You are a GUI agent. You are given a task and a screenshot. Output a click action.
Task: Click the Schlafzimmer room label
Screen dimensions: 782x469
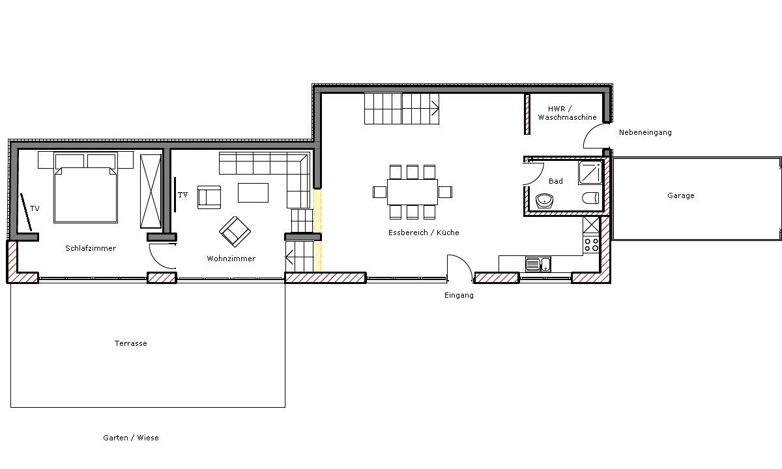[91, 248]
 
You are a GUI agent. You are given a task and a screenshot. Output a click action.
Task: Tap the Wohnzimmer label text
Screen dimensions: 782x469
[231, 259]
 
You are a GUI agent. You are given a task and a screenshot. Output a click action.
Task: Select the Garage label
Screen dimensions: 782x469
[681, 195]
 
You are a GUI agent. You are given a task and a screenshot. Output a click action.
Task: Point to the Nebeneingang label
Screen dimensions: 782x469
[645, 132]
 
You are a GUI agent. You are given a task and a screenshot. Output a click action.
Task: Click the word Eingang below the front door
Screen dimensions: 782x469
[459, 295]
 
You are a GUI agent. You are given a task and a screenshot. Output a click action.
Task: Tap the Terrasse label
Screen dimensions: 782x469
[130, 343]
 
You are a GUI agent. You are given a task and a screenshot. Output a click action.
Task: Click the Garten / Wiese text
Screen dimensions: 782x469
[131, 438]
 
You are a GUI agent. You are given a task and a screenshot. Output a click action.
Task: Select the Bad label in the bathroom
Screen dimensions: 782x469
[556, 181]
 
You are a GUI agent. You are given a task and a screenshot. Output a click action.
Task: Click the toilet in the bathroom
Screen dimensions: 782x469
[590, 198]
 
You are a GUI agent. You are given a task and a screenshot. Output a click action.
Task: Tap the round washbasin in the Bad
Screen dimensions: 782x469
[544, 201]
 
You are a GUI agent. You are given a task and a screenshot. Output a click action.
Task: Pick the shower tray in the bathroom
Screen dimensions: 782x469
[590, 173]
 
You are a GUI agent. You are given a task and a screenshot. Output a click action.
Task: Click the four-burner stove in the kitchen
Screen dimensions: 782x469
[591, 245]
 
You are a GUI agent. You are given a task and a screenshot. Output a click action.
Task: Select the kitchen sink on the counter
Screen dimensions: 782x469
[538, 264]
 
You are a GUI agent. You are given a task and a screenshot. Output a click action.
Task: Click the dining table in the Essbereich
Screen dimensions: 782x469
[413, 192]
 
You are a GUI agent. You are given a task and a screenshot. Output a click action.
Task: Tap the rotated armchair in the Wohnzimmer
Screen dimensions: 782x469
[235, 232]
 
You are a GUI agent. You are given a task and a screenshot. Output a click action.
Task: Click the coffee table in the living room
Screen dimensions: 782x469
[253, 193]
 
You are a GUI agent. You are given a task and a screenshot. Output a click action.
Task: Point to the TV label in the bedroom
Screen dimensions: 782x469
[35, 208]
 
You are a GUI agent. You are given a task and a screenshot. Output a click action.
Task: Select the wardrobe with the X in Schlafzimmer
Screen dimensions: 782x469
[151, 192]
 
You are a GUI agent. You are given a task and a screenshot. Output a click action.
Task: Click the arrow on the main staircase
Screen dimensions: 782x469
[435, 109]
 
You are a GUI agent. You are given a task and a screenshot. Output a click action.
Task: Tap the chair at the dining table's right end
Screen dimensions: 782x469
[445, 192]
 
